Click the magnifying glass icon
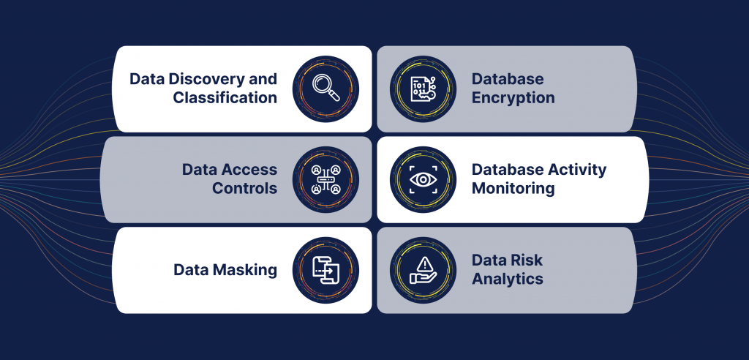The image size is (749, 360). (325, 89)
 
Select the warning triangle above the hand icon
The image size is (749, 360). (424, 264)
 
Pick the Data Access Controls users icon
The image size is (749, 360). (325, 179)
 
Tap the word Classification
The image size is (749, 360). (225, 97)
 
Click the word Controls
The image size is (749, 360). (244, 188)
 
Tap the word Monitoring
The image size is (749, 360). (513, 189)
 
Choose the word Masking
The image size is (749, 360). (245, 270)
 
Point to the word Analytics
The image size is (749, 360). (508, 280)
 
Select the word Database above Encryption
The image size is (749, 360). (508, 79)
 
